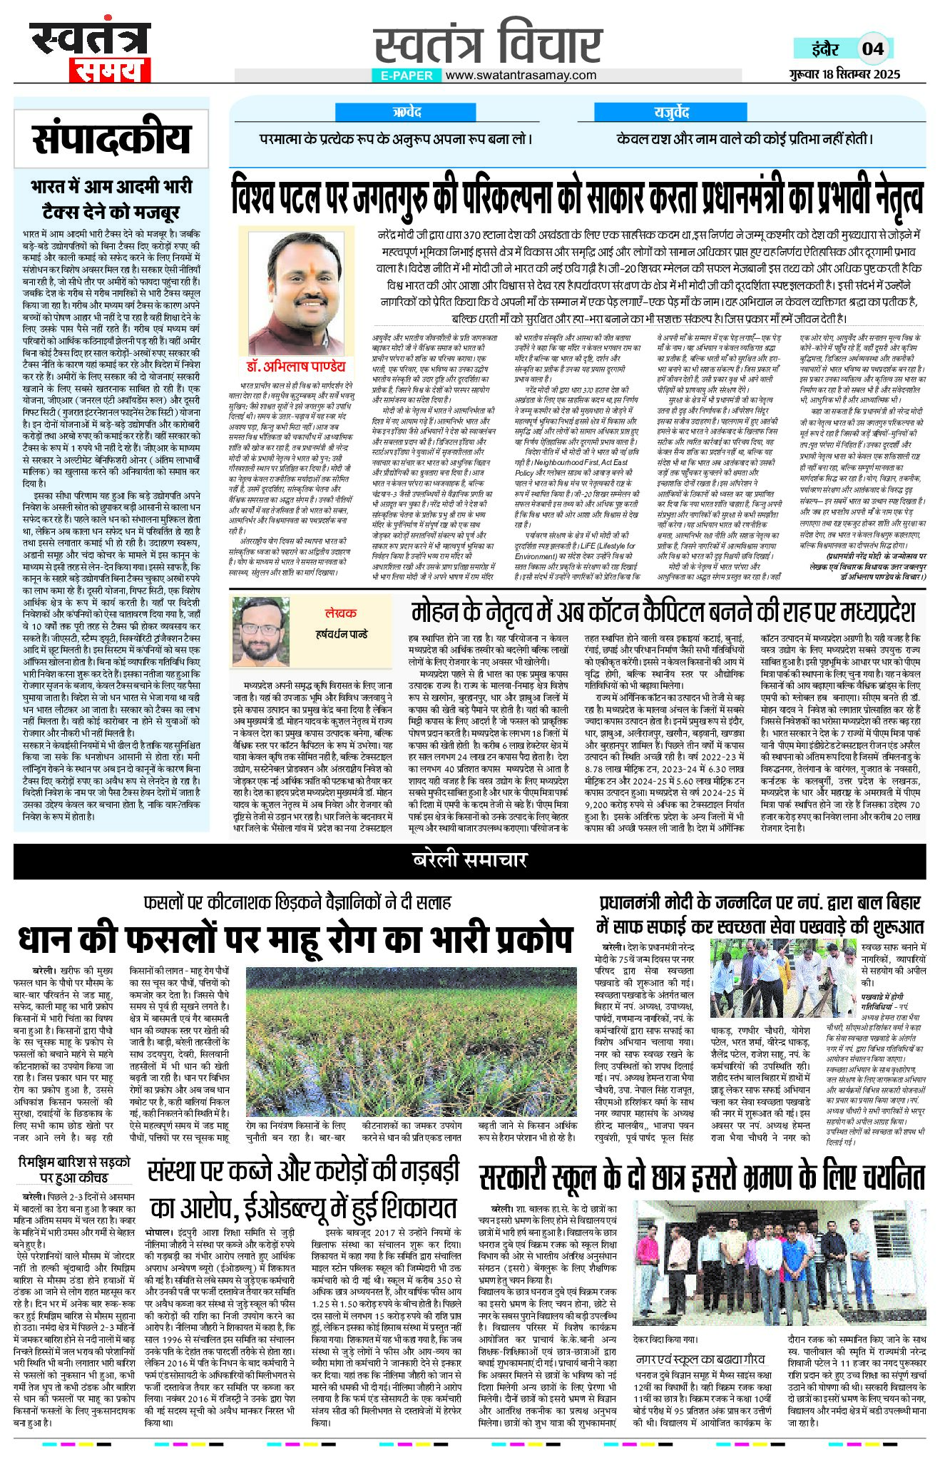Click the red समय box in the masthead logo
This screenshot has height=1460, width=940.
pyautogui.click(x=110, y=71)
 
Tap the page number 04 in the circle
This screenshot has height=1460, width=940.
pyautogui.click(x=872, y=49)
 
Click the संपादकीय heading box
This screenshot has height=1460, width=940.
pyautogui.click(x=112, y=139)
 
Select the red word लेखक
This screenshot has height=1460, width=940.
pyautogui.click(x=342, y=613)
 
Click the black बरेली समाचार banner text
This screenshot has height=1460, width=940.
pyautogui.click(x=469, y=859)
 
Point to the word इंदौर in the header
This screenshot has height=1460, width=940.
pyautogui.click(x=826, y=49)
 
